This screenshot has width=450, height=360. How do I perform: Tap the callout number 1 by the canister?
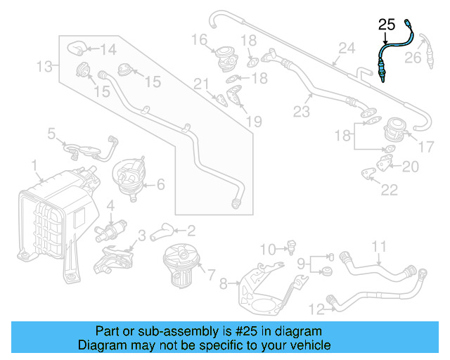point(33,165)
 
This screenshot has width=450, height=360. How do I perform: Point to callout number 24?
point(345,49)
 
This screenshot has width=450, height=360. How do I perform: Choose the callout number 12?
point(316,308)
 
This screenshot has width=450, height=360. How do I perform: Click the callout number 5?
point(52,133)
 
